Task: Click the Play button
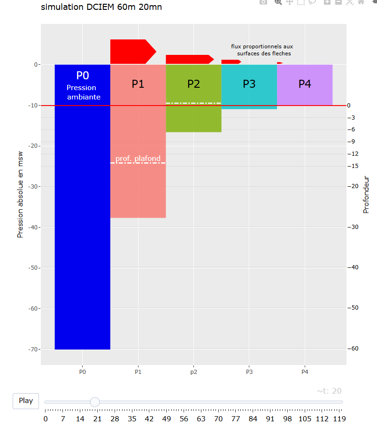(x=26, y=401)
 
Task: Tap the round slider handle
(x=95, y=402)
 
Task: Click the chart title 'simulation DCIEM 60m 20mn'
(x=101, y=7)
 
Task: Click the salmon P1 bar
(x=138, y=188)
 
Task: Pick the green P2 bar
(x=193, y=117)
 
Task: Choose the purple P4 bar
(x=305, y=94)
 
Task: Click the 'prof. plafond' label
(x=138, y=159)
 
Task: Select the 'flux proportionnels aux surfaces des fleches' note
(x=262, y=50)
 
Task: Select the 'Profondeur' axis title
(x=367, y=195)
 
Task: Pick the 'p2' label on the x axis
(x=193, y=372)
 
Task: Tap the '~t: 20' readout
(x=329, y=391)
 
